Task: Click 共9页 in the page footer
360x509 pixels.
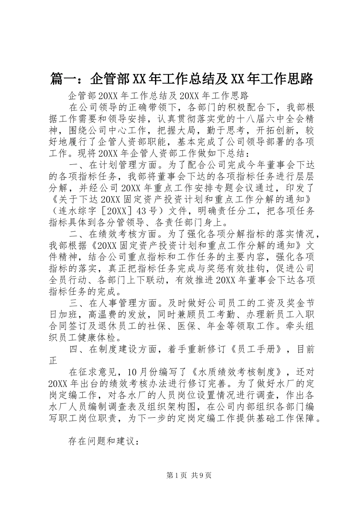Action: coord(202,476)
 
